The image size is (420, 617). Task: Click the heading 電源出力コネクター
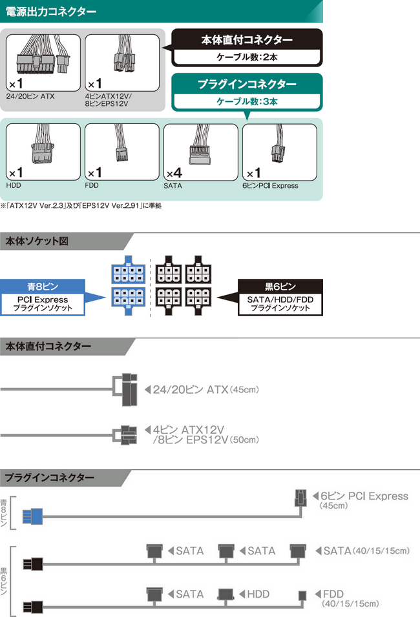coord(52,11)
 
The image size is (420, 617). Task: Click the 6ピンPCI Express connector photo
coord(279,152)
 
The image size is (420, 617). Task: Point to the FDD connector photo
coord(121,152)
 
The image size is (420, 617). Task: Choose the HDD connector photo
coord(43,152)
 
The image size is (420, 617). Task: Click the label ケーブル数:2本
coord(247,57)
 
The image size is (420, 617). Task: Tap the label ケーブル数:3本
coord(246,101)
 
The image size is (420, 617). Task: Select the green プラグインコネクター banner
coord(246,84)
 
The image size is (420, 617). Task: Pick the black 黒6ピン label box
coord(280,285)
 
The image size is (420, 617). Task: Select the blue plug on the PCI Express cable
coord(32,517)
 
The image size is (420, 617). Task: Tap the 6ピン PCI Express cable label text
coord(364,496)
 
